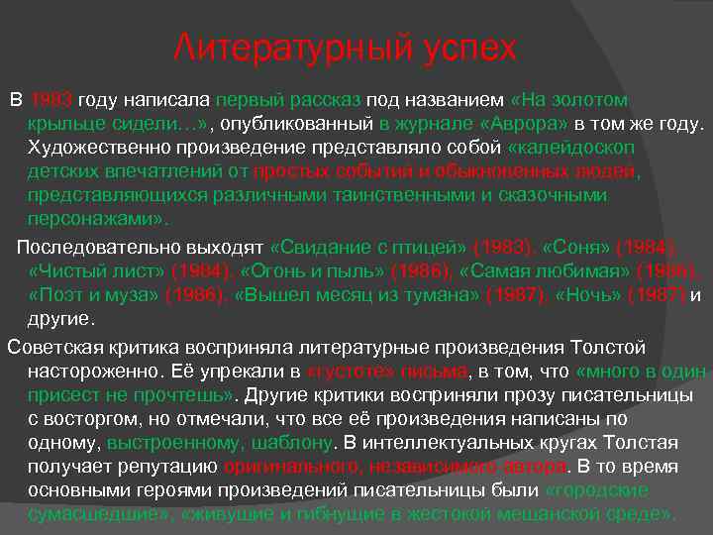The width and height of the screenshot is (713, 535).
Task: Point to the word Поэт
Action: coord(61,293)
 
